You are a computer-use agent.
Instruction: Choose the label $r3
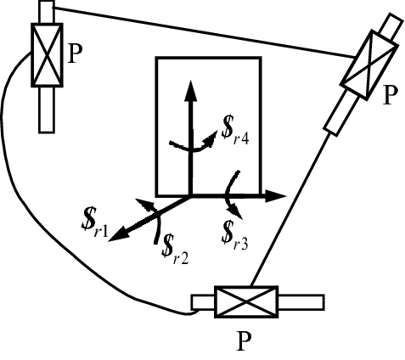235,230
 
